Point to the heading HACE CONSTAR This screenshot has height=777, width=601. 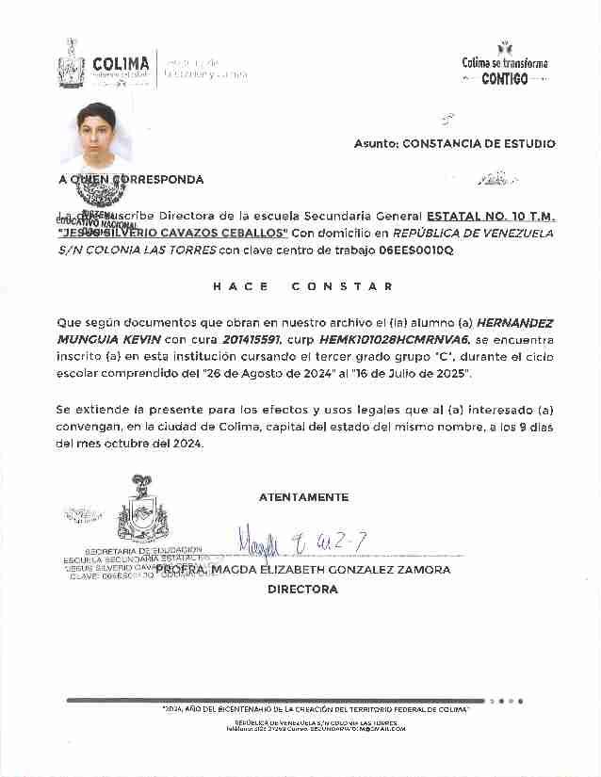click(302, 286)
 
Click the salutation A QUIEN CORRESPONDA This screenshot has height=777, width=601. click(131, 179)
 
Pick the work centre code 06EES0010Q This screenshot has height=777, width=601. click(415, 251)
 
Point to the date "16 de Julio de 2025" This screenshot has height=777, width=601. click(409, 374)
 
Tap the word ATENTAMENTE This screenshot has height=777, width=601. click(303, 497)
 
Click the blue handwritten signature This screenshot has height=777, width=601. click(300, 542)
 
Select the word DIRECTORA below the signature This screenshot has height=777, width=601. click(302, 590)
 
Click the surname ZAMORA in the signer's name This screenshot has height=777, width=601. click(422, 570)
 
